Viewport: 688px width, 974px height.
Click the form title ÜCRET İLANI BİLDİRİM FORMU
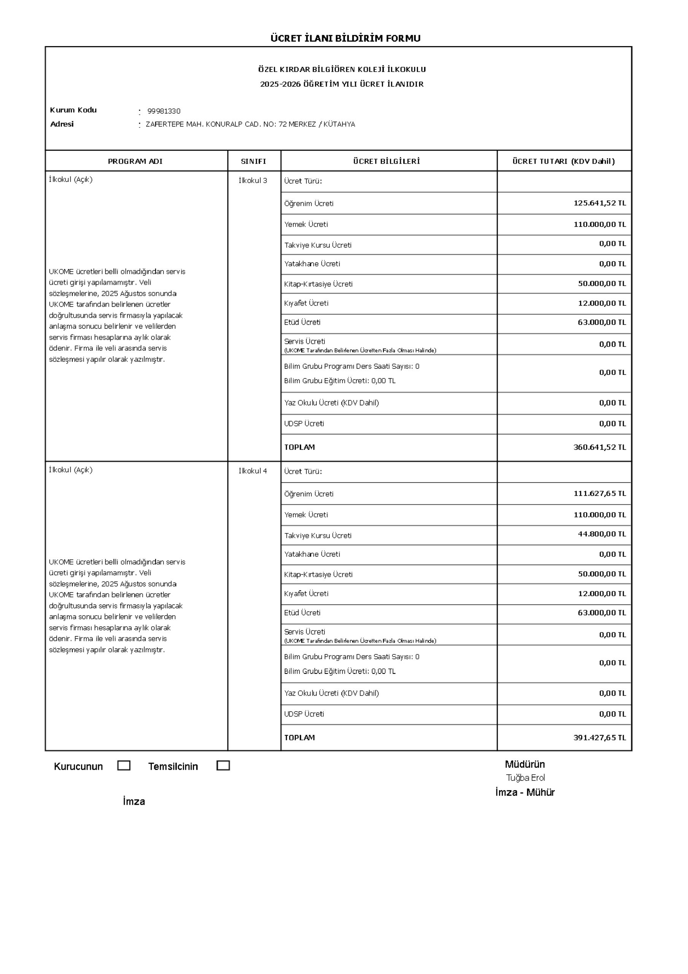(x=345, y=38)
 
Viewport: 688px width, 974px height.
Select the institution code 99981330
(x=164, y=111)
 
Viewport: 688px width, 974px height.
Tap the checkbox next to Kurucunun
(x=124, y=766)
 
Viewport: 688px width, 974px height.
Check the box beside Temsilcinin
(x=223, y=766)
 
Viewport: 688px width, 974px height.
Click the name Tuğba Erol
(x=525, y=778)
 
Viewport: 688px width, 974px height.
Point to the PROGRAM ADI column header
(x=135, y=161)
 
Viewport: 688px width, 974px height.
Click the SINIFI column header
(x=253, y=161)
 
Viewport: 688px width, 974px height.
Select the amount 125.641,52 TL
(x=599, y=203)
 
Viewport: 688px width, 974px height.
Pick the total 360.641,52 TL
(x=599, y=447)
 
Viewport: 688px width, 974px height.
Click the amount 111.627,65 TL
(x=599, y=493)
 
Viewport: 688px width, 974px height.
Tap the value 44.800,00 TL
(x=601, y=534)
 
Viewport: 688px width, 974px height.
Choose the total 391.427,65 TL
(x=599, y=738)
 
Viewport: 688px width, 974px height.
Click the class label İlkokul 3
(x=253, y=181)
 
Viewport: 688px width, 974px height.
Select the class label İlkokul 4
(x=253, y=471)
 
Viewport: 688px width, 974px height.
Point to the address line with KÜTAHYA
(x=250, y=124)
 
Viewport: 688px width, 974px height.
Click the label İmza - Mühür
(x=525, y=793)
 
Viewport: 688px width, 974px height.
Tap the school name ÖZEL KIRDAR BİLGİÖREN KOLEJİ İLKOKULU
(x=342, y=70)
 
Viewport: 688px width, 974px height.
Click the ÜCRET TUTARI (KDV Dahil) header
(x=563, y=161)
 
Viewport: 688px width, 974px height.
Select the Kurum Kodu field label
(x=73, y=110)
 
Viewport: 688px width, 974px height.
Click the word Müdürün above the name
(x=525, y=764)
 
